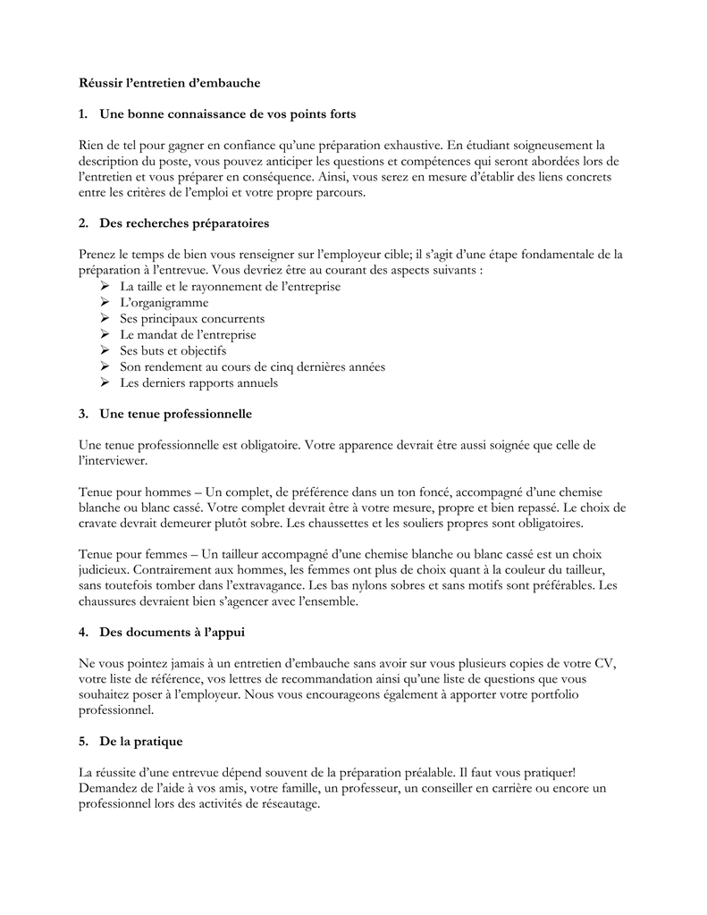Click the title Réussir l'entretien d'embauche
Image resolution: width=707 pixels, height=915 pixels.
pos(169,83)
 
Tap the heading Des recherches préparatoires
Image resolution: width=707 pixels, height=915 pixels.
pos(184,222)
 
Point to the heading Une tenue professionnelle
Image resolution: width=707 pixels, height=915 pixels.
pos(176,414)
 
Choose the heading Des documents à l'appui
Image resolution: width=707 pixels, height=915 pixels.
pos(173,632)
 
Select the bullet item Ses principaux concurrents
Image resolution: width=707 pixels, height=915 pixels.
pos(192,319)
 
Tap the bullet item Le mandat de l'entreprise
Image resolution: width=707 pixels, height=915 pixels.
pos(188,335)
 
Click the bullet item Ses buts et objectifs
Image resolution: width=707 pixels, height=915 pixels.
pos(173,351)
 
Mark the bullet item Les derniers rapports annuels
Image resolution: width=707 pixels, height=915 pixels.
pos(198,383)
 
